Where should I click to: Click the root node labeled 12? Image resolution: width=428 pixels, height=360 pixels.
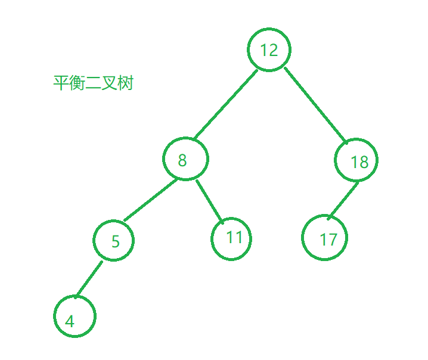pyautogui.click(x=269, y=49)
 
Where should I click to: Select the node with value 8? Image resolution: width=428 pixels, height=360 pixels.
pyautogui.click(x=185, y=159)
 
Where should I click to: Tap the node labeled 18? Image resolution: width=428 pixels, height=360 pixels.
pyautogui.click(x=356, y=161)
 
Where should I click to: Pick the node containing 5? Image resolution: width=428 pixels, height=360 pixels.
pyautogui.click(x=114, y=240)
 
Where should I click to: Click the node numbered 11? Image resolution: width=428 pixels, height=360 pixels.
pyautogui.click(x=231, y=238)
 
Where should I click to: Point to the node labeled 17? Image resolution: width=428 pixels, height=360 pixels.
pyautogui.click(x=324, y=238)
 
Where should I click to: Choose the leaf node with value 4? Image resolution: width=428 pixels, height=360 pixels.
pyautogui.click(x=75, y=316)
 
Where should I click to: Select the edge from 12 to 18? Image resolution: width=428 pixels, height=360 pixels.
pyautogui.click(x=315, y=105)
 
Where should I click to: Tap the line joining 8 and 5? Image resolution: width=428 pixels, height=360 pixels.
pyautogui.click(x=150, y=200)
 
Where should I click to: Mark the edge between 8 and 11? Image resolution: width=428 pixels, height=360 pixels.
pyautogui.click(x=210, y=201)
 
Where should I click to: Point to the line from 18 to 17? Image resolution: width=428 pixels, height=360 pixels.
pyautogui.click(x=343, y=200)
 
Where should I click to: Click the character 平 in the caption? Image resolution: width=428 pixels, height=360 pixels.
pyautogui.click(x=61, y=83)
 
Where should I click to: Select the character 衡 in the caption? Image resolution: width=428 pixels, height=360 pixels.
pyautogui.click(x=77, y=83)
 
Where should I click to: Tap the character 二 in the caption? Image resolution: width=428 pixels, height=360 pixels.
pyautogui.click(x=93, y=83)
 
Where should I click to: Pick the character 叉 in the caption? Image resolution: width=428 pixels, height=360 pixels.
pyautogui.click(x=109, y=83)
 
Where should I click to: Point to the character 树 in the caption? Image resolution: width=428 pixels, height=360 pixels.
pyautogui.click(x=125, y=83)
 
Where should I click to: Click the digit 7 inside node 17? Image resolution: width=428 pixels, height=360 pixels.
pyautogui.click(x=332, y=240)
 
